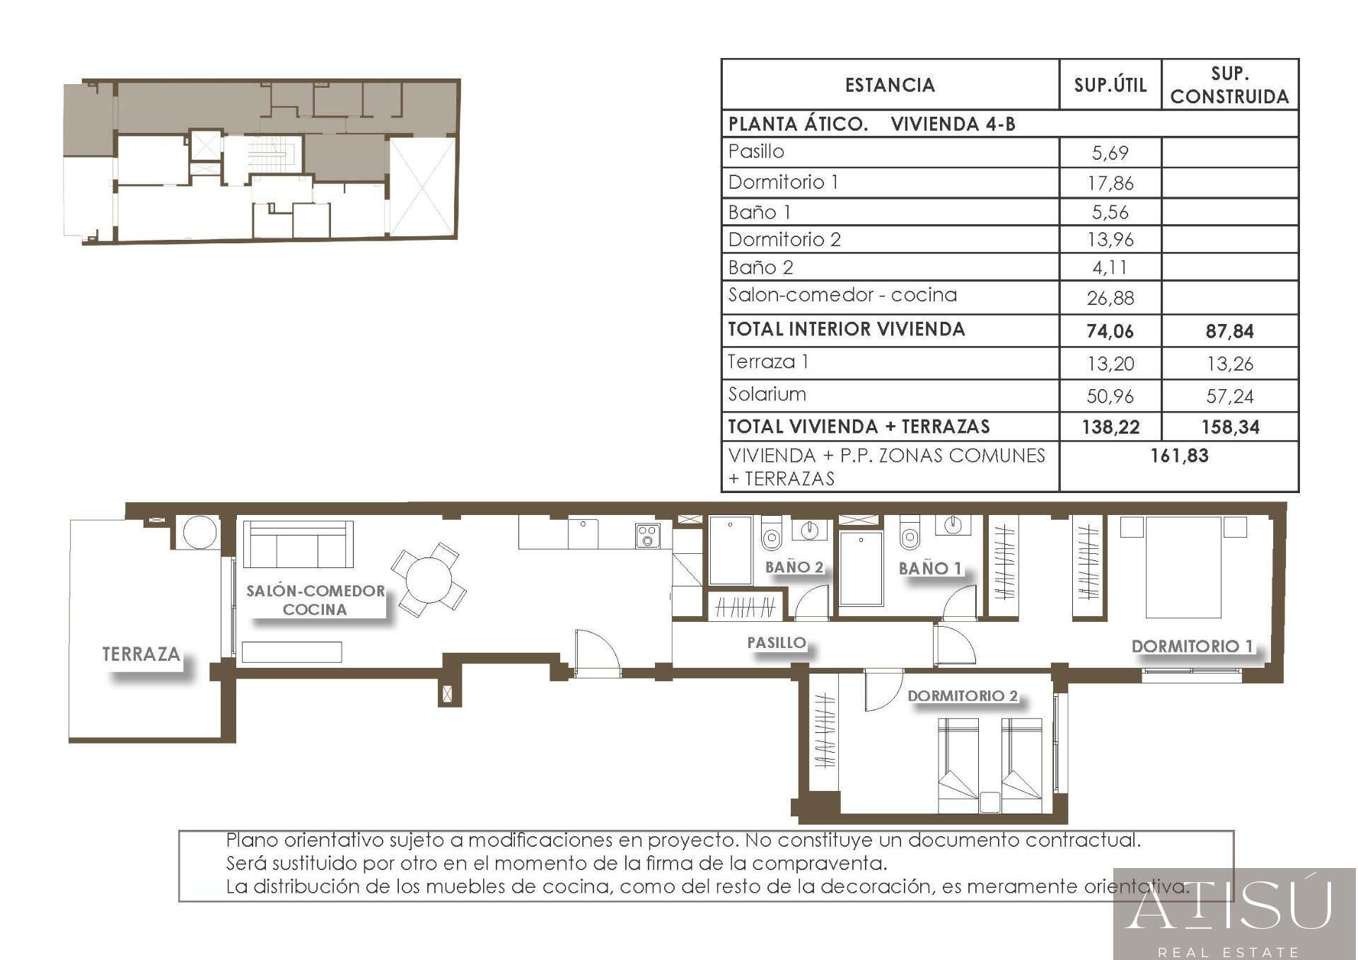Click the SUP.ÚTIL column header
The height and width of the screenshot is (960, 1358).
[x=1110, y=85]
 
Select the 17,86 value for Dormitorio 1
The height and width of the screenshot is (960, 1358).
[x=1110, y=183]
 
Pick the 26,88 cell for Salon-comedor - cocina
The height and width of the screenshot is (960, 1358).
[x=1110, y=298]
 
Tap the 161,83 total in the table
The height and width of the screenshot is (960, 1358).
[x=1179, y=456]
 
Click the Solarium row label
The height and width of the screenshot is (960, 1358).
[x=767, y=394]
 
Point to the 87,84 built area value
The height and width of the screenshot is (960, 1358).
[x=1229, y=331]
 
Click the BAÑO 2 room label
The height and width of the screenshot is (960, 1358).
[x=794, y=567]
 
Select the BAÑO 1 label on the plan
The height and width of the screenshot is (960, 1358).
[x=930, y=568]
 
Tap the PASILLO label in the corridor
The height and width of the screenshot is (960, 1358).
[x=777, y=642]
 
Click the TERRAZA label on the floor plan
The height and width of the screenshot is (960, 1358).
[x=141, y=654]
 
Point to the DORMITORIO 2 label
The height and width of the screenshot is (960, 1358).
[x=963, y=695]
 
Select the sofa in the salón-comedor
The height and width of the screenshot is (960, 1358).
[x=298, y=544]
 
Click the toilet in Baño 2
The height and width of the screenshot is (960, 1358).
[x=771, y=533]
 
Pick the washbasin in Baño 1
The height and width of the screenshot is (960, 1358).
[x=953, y=524]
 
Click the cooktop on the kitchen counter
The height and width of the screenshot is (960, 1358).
[x=647, y=536]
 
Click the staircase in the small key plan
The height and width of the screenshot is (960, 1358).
[x=269, y=153]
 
